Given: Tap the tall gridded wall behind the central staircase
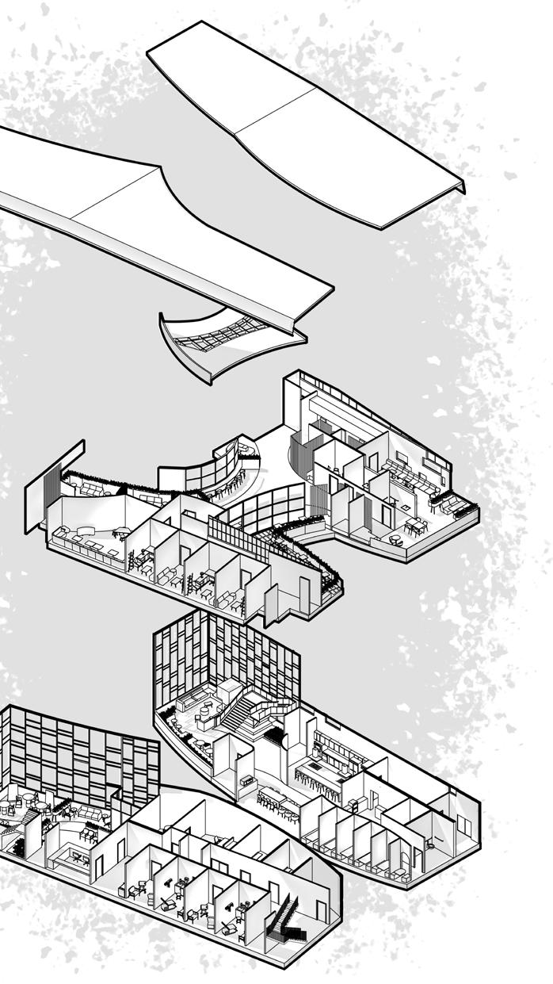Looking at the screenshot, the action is pyautogui.click(x=226, y=650).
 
